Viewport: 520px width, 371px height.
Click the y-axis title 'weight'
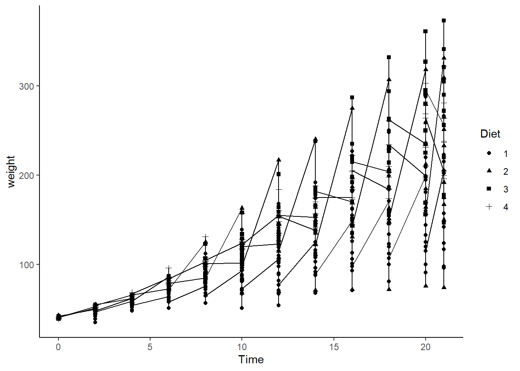click(11, 171)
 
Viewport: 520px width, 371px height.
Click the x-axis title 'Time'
click(251, 359)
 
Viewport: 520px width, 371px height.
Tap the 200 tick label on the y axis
click(26, 175)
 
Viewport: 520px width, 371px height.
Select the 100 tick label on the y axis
click(26, 265)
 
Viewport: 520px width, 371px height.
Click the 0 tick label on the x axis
click(58, 347)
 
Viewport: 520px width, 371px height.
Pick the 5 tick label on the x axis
click(150, 347)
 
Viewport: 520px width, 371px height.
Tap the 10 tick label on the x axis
click(242, 347)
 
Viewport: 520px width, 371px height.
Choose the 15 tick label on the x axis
click(334, 347)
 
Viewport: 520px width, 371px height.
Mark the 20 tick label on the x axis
click(425, 347)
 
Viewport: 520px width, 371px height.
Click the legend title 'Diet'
click(490, 134)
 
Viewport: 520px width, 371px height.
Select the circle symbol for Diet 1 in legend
click(489, 153)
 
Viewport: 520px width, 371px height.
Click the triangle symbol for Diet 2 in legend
click(489, 171)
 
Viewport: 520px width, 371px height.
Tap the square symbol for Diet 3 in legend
click(489, 189)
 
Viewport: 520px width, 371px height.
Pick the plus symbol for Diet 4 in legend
click(489, 207)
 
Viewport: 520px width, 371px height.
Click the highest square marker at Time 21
click(444, 20)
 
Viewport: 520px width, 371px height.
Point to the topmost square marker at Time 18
click(389, 57)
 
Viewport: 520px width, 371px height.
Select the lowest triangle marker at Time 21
click(444, 287)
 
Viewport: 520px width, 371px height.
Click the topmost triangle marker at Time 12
click(279, 160)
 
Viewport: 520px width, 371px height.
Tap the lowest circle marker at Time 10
click(242, 308)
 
